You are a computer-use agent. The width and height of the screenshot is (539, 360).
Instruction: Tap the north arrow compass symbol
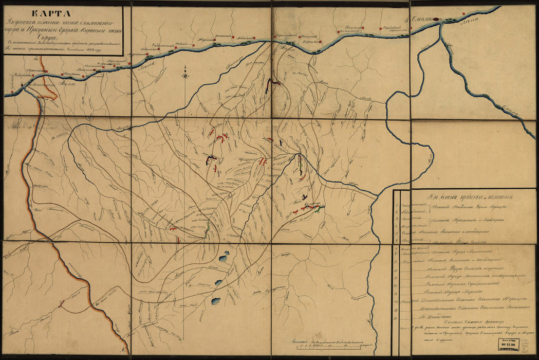185,76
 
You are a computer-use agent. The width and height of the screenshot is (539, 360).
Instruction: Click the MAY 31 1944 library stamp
507,343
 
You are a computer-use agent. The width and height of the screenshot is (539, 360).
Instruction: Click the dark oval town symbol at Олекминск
437,19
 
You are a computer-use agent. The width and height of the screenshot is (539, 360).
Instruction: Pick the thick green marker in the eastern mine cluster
320,209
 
